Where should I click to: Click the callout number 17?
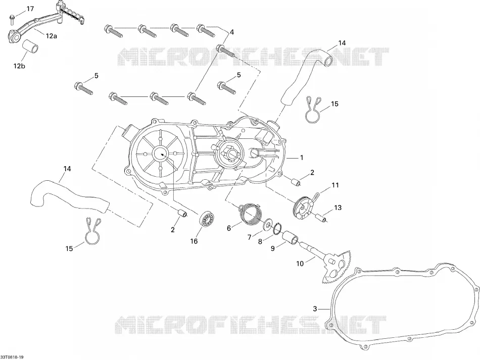pyautogui.click(x=30, y=9)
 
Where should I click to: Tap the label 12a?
pyautogui.click(x=52, y=36)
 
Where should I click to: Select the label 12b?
pyautogui.click(x=19, y=66)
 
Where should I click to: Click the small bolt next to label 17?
pyautogui.click(x=13, y=19)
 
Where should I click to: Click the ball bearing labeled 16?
pyautogui.click(x=207, y=219)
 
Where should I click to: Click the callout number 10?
pyautogui.click(x=300, y=264)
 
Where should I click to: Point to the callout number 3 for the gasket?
pyautogui.click(x=315, y=308)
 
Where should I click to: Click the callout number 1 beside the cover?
pyautogui.click(x=302, y=158)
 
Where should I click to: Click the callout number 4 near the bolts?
pyautogui.click(x=232, y=32)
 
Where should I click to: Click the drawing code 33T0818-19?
pyautogui.click(x=12, y=357)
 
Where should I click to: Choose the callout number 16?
pyautogui.click(x=194, y=241)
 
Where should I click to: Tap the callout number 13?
pyautogui.click(x=338, y=208)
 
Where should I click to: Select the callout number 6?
pyautogui.click(x=228, y=228)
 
